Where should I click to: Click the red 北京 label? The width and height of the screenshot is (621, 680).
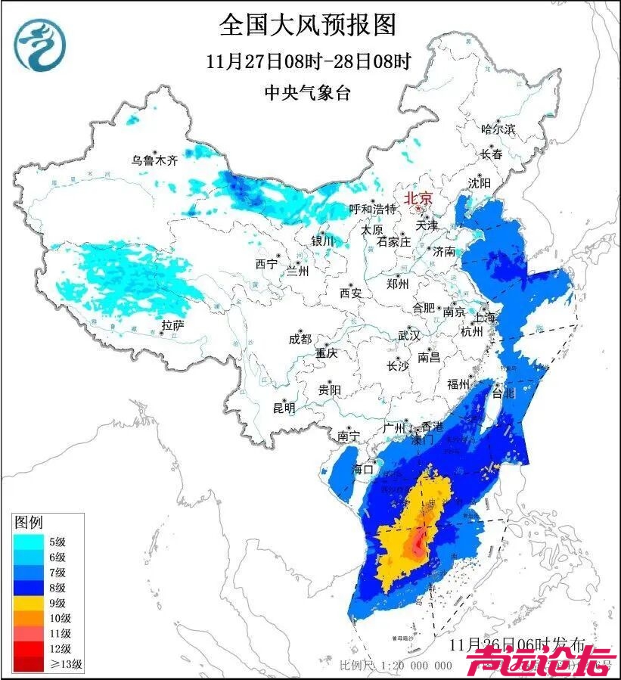pos(418,198)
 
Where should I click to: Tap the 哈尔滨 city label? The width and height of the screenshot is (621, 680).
pos(498,129)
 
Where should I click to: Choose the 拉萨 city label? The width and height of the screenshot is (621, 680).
pos(173,325)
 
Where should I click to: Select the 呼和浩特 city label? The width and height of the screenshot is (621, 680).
pos(372,209)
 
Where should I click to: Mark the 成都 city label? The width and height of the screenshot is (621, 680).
pos(300,340)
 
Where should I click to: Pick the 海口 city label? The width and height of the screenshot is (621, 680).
pos(364,469)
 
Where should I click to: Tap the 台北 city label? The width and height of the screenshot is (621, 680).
pos(503,393)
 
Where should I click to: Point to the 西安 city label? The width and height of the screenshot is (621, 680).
pos(351,292)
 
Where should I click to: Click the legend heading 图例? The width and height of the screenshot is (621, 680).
pos(29,522)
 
